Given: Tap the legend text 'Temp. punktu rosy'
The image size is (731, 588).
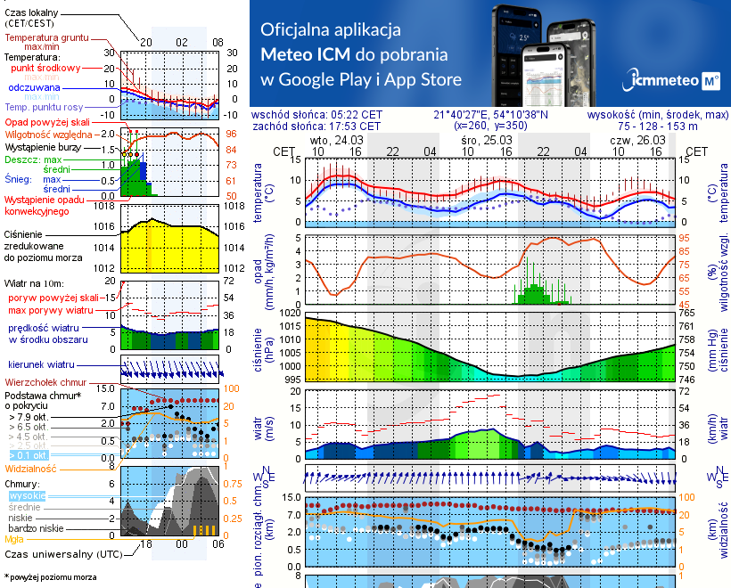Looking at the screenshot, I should click(45, 107).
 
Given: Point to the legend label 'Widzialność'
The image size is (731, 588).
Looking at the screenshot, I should click(31, 468).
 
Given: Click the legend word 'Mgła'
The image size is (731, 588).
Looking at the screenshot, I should click(14, 539).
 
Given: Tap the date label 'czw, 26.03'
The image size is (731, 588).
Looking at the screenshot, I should click(636, 141).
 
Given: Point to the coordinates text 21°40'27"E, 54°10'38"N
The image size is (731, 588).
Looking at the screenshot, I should click(490, 115).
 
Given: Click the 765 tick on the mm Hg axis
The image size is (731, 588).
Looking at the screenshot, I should click(686, 314).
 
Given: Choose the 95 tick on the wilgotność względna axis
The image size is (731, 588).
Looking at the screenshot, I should click(685, 238).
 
